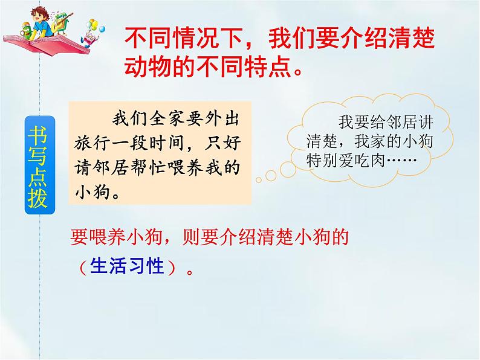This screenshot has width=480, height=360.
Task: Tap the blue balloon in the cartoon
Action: pos(102,28)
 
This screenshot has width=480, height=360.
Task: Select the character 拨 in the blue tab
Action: pos(37,198)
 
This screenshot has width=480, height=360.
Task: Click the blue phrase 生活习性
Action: pos(127,266)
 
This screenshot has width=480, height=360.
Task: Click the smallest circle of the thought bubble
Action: pos(259,178)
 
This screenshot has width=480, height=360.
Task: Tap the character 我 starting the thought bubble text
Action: pos(345,120)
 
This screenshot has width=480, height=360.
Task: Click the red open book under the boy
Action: pos(45,44)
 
